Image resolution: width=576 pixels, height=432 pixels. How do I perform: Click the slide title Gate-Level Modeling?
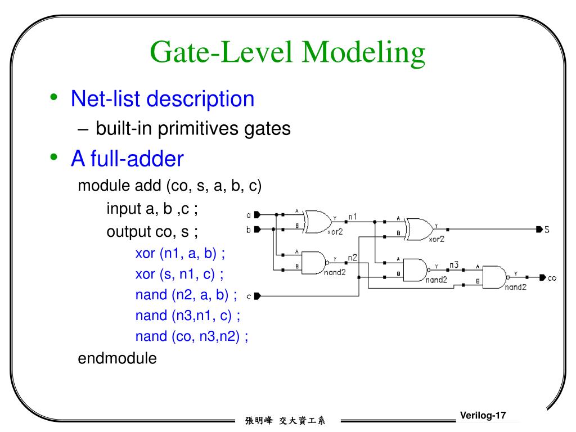(x=287, y=53)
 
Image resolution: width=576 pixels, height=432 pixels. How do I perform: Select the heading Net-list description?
(x=163, y=99)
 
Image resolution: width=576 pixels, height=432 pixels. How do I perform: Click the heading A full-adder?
(x=127, y=159)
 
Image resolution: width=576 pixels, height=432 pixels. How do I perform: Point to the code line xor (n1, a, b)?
(x=180, y=254)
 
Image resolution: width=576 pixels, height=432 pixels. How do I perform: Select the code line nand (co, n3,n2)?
(x=192, y=336)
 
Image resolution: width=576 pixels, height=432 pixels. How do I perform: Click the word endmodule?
(x=117, y=358)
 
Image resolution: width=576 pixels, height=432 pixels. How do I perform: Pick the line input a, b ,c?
(x=152, y=209)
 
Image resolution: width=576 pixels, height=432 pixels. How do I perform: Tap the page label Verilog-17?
(x=483, y=416)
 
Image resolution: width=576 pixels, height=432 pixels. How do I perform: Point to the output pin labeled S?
(x=541, y=229)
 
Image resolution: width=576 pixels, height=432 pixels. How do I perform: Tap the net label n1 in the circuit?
(x=353, y=216)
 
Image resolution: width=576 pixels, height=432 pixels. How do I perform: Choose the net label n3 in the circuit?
(x=453, y=264)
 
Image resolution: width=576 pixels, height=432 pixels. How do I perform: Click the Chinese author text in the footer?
(x=285, y=420)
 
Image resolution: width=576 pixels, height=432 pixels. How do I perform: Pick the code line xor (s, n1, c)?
(x=179, y=274)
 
